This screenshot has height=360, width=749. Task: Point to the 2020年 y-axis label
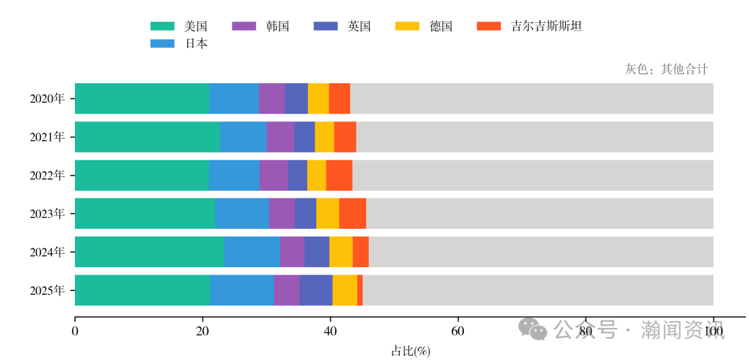[47, 98]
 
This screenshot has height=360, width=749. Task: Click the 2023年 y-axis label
[47, 214]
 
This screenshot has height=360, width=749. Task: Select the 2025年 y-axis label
[47, 290]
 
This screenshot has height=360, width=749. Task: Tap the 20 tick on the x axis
[203, 332]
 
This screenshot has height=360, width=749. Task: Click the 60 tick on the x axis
[458, 332]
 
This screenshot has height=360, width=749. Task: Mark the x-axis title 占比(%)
[411, 351]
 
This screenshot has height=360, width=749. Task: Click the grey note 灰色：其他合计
[666, 69]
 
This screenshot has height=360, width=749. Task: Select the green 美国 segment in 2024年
[149, 252]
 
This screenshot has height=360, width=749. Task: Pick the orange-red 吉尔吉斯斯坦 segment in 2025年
[360, 290]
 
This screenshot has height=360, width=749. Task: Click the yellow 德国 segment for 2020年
[318, 98]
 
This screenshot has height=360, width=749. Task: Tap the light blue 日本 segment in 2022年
[234, 175]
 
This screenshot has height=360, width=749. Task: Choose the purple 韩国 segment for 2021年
[280, 137]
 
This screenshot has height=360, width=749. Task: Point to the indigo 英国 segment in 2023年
[305, 214]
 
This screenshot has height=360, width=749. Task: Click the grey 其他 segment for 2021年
[534, 137]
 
